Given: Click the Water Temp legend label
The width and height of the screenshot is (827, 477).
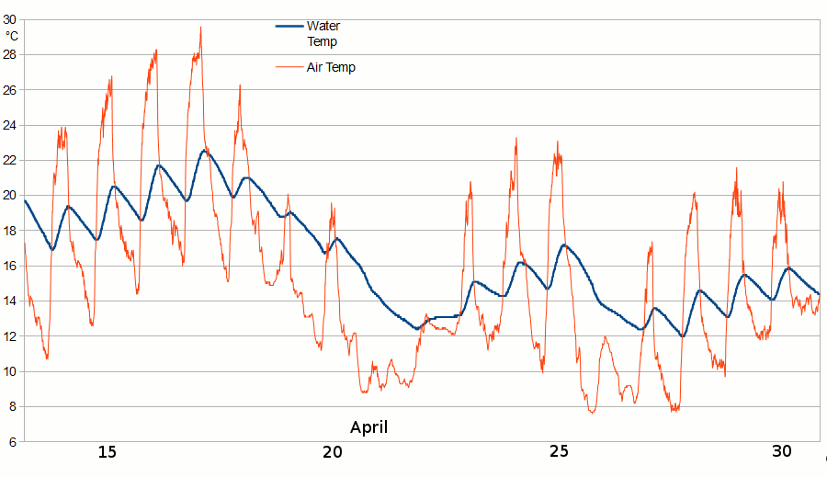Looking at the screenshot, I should (322, 33).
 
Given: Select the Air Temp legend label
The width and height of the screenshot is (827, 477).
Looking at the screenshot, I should (331, 67).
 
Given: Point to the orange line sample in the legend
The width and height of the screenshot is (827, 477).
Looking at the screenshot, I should (289, 67).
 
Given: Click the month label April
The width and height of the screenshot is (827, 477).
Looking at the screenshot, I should (368, 427).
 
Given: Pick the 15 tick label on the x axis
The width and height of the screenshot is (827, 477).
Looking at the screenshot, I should (107, 451).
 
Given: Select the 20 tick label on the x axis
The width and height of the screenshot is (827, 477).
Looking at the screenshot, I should (333, 451).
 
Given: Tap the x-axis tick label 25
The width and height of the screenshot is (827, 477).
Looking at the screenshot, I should (559, 451).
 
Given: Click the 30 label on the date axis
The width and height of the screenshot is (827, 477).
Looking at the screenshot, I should (782, 451).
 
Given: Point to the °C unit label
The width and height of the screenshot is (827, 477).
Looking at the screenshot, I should (12, 36).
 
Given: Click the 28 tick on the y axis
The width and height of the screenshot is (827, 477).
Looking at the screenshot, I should (10, 54).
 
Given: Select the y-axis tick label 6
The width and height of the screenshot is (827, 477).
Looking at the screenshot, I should (13, 442).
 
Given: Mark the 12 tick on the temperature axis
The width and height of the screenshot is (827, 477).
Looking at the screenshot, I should (10, 336).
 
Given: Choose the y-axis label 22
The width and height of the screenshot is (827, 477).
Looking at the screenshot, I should (10, 160).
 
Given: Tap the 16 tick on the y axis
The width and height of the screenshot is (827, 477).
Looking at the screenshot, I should (10, 266).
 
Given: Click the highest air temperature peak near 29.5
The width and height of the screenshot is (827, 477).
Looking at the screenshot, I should (200, 28).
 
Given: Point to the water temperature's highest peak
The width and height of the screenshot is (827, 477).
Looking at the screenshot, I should (204, 151).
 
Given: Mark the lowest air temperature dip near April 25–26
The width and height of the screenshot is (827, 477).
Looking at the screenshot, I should (593, 412).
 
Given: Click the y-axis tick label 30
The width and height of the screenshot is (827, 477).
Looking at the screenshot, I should (10, 19).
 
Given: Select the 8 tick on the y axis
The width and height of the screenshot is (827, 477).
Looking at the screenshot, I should (13, 406).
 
